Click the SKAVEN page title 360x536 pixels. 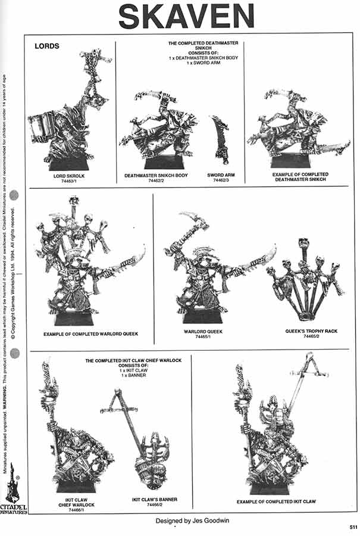point(186,16)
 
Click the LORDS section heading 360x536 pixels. point(47,46)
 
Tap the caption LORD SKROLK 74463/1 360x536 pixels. point(65,179)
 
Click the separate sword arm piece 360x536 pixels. point(221,139)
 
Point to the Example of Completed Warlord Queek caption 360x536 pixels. point(90,334)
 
